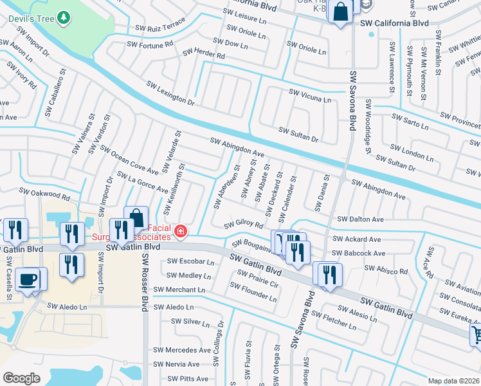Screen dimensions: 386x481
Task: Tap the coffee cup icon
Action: [x=28, y=279]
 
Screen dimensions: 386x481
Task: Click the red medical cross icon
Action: [x=181, y=231]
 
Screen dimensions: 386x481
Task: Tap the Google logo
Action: [x=21, y=378]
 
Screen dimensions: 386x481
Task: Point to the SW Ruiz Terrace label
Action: [x=160, y=28]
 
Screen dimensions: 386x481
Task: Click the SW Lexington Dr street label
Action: [x=170, y=93]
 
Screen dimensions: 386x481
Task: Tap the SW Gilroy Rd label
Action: [x=244, y=225]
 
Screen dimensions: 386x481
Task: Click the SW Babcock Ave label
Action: [x=358, y=255]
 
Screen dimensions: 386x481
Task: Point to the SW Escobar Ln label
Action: [x=191, y=261]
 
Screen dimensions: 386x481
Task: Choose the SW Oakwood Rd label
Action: [x=44, y=193]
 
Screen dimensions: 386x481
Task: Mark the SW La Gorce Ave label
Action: [x=141, y=183]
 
